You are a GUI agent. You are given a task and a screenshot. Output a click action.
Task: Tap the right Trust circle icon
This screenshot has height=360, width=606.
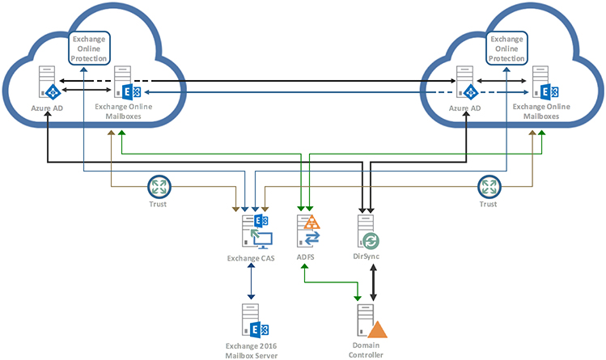coord(488,187)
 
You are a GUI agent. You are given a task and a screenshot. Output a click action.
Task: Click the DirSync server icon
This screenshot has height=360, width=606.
coord(368,233)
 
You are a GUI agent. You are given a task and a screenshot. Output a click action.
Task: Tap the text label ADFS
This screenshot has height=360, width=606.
coord(305,257)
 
